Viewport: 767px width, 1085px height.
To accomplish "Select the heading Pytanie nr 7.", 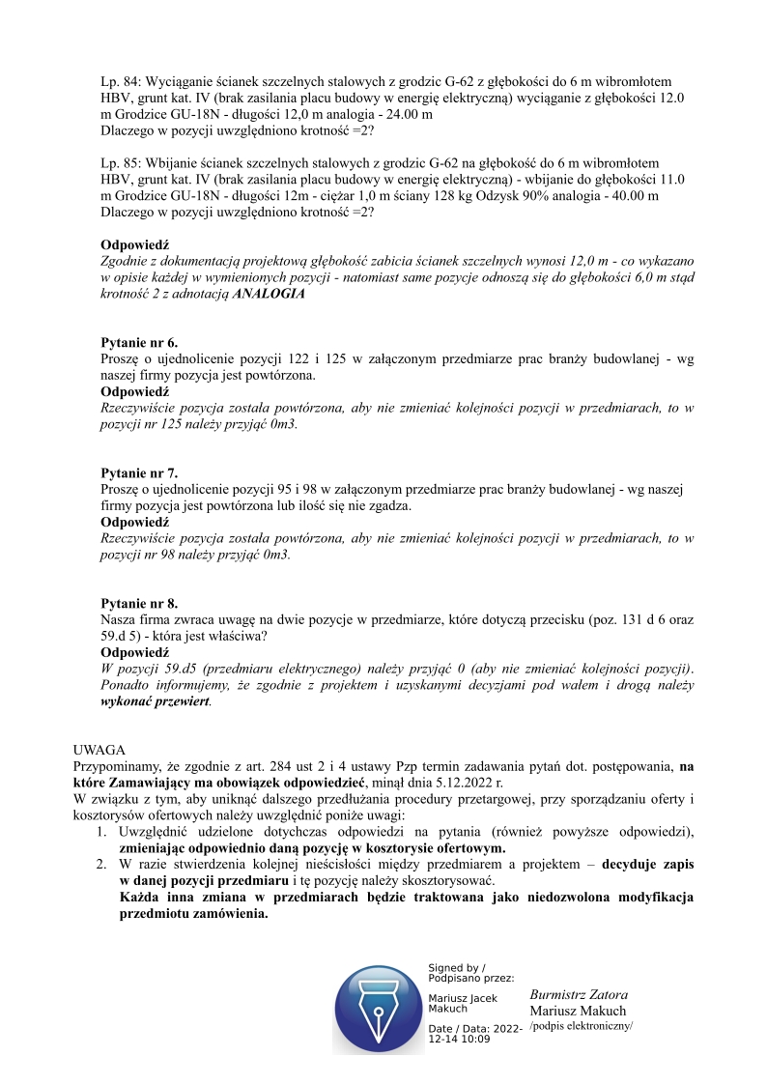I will point(139,473).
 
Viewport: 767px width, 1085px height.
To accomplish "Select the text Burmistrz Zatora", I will point(579,995).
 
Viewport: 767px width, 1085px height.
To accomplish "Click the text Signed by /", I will point(457,967).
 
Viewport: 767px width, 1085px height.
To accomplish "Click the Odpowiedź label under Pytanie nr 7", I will point(135,522).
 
